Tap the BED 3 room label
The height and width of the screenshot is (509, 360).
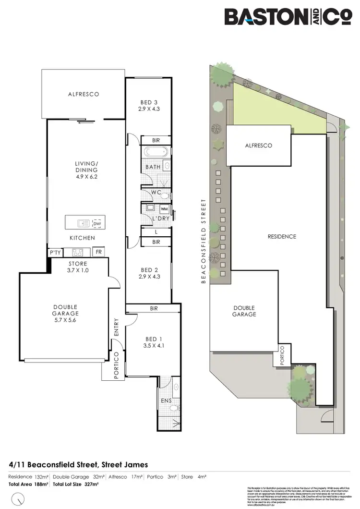click(x=149, y=102)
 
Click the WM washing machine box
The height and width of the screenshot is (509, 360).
click(x=164, y=209)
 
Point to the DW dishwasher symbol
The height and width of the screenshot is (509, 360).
click(x=97, y=223)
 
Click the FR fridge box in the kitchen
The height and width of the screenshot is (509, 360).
click(x=99, y=252)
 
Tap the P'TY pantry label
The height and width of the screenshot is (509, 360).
click(x=54, y=252)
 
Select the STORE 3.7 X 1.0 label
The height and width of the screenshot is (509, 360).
click(x=77, y=267)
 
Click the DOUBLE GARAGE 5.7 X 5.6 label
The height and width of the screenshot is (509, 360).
click(x=65, y=311)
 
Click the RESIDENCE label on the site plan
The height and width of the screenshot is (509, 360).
click(x=282, y=236)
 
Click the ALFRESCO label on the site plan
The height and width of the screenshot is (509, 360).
click(x=259, y=145)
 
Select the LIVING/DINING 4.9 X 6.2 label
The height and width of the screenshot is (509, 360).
click(x=86, y=170)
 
